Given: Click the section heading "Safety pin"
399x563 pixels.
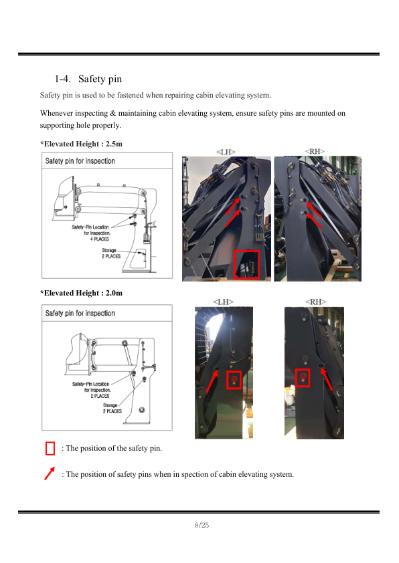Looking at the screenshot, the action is (100, 79).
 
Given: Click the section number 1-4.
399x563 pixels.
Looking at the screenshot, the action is (62, 79).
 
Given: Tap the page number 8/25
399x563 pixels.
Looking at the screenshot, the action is (202, 525).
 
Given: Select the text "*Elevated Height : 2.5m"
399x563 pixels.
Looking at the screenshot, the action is (81, 144).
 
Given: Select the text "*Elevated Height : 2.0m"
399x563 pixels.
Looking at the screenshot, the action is (81, 293).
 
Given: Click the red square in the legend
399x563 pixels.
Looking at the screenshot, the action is (50, 449).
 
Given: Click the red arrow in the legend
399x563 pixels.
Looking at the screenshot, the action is (50, 473).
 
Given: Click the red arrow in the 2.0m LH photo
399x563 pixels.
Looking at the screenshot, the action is (212, 381).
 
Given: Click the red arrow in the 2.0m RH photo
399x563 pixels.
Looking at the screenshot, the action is (327, 379).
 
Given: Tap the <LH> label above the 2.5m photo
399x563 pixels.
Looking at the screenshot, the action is (226, 152).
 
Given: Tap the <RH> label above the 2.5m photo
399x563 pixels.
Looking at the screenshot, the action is (315, 152).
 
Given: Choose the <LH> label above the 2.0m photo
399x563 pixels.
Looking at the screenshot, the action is (223, 302).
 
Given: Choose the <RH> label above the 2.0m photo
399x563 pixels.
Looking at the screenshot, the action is (315, 302).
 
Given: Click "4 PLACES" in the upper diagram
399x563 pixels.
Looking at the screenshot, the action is (100, 239).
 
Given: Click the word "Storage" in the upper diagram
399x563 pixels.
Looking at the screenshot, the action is (109, 250).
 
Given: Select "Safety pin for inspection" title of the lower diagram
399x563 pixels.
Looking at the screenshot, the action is (80, 314).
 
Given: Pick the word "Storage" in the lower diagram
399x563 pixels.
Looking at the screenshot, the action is (110, 405).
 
